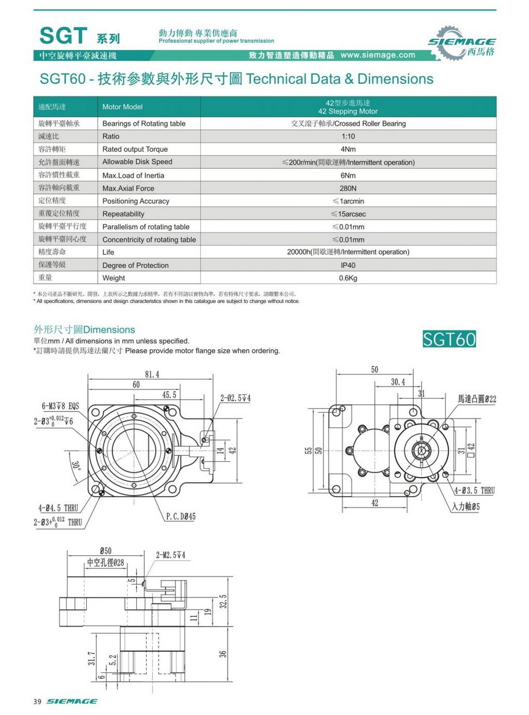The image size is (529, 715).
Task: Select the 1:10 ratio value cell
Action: (x=348, y=137)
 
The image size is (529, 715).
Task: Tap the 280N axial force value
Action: (x=348, y=188)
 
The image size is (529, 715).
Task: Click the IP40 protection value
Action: (x=348, y=265)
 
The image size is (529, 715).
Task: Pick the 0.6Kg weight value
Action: (x=348, y=278)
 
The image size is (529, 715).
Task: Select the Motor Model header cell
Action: (x=122, y=107)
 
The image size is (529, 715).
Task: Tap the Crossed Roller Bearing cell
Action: (x=348, y=124)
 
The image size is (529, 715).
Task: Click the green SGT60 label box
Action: (x=449, y=339)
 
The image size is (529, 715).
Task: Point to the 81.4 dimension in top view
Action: (x=152, y=375)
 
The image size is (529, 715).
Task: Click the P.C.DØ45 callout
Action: (x=181, y=517)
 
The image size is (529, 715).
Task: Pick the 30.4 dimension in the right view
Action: (x=398, y=382)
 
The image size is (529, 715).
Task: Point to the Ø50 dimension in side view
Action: (x=106, y=551)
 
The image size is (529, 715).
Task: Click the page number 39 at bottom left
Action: (x=38, y=701)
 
